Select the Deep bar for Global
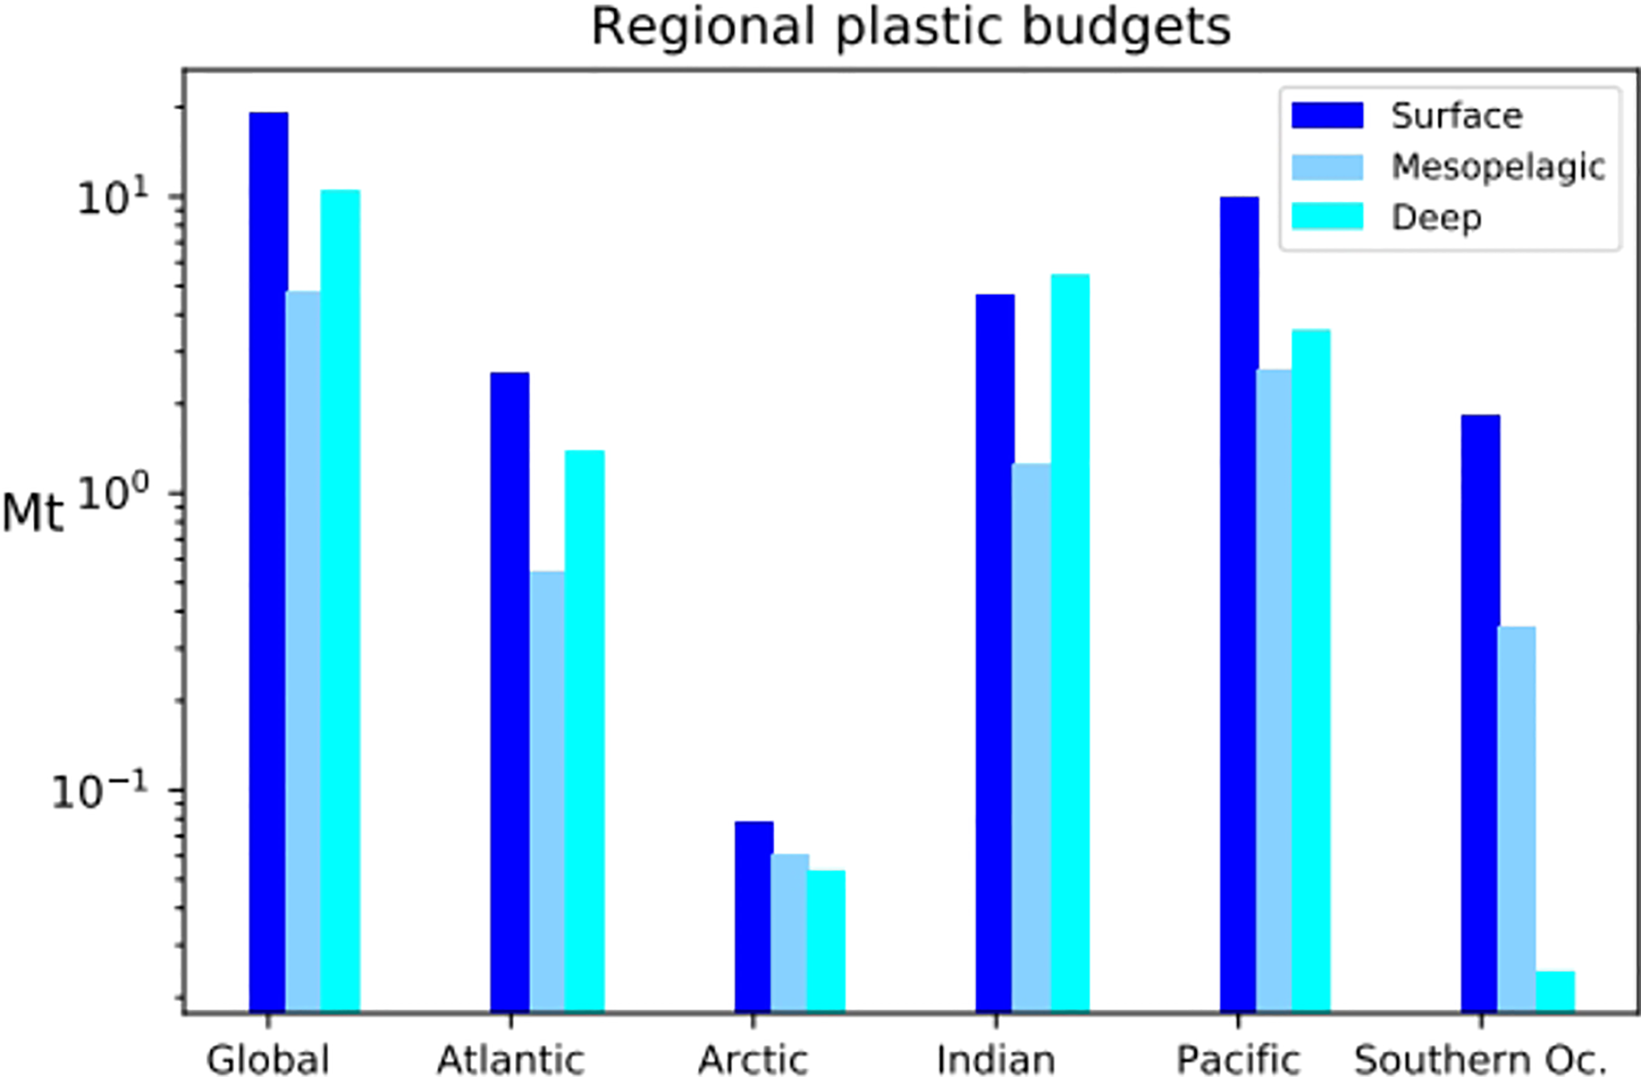tap(340, 600)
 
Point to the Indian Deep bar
tap(1070, 642)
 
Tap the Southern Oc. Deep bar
tap(1555, 991)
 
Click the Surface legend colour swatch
tap(1327, 116)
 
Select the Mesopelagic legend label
tap(1498, 167)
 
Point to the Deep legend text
tap(1436, 218)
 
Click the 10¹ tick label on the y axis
tap(113, 198)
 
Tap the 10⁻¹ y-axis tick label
tap(99, 791)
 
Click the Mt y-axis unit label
tap(33, 513)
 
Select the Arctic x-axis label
tap(753, 1060)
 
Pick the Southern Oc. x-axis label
tap(1480, 1060)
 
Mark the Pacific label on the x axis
tap(1238, 1060)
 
